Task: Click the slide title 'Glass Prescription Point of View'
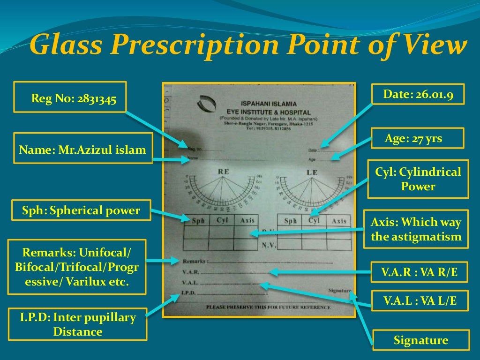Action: (x=248, y=46)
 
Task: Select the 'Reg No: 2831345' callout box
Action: (x=70, y=97)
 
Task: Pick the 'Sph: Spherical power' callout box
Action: (x=81, y=210)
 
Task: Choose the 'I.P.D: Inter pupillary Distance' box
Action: (x=78, y=324)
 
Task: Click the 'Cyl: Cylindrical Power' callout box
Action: (x=418, y=179)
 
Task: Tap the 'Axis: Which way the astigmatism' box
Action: (x=416, y=229)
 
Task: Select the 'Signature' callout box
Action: (x=420, y=340)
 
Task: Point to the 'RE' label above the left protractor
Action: (x=224, y=172)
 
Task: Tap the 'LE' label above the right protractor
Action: (x=312, y=172)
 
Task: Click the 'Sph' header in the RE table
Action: (x=198, y=221)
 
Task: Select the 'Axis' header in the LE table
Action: (x=338, y=221)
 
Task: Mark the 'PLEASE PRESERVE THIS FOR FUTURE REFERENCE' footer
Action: (x=268, y=307)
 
